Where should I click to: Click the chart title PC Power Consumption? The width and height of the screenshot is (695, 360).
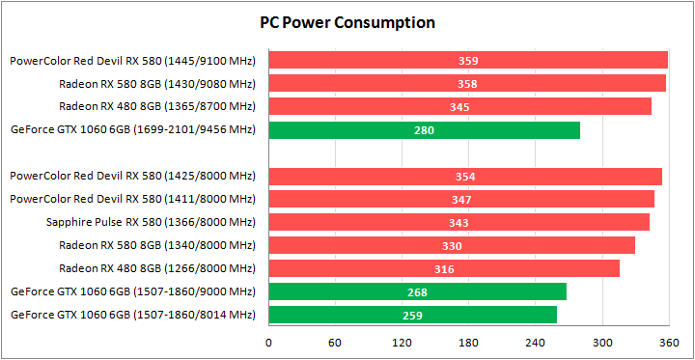click(347, 22)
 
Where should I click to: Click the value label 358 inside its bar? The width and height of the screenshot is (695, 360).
click(468, 84)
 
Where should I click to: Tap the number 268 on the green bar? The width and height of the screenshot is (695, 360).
click(418, 292)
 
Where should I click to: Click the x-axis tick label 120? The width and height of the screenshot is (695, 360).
click(402, 342)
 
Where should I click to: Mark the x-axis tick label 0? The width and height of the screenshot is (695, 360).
click(268, 342)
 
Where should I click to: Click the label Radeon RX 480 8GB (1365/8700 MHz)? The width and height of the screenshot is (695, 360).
click(156, 106)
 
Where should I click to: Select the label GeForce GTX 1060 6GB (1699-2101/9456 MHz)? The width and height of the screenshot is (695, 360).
click(132, 129)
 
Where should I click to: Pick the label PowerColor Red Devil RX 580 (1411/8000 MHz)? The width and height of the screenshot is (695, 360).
click(132, 199)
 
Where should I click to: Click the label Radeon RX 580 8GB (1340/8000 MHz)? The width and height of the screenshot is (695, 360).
click(156, 245)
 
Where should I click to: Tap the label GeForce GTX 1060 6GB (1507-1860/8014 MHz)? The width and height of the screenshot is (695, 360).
click(132, 315)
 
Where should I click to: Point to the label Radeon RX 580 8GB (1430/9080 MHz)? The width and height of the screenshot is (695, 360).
click(156, 83)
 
